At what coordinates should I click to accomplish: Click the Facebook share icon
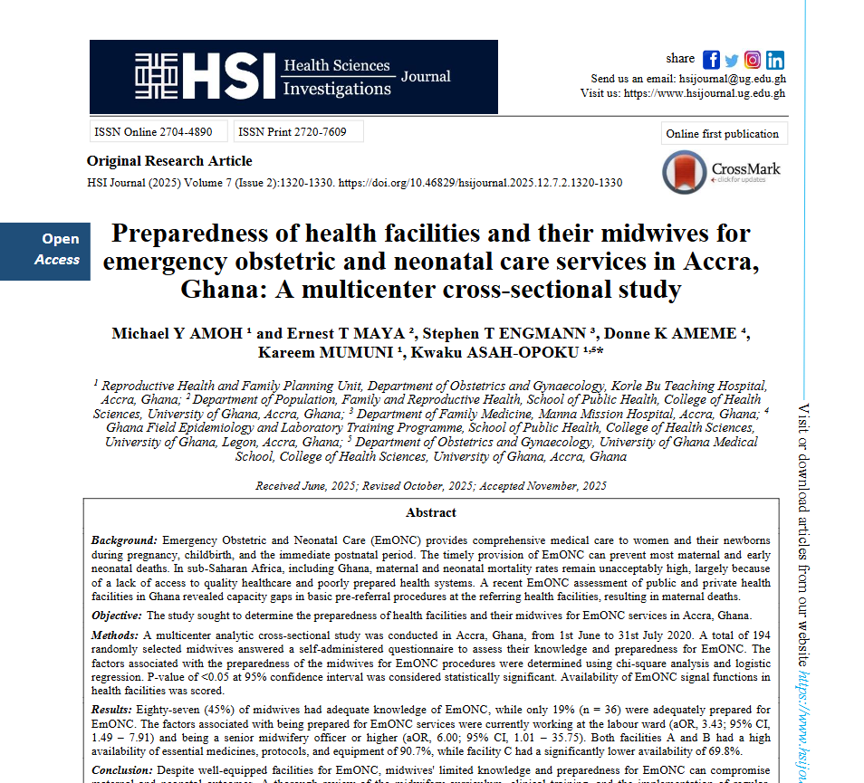click(711, 60)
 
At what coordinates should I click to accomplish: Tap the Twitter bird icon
click(732, 60)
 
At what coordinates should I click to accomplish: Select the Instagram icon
click(753, 60)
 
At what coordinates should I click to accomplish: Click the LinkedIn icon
click(775, 60)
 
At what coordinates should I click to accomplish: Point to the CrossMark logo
click(721, 169)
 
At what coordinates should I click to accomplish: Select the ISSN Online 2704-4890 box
click(153, 132)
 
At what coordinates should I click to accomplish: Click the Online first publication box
click(723, 134)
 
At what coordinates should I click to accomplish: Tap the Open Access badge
click(58, 249)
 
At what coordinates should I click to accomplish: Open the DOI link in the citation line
click(480, 183)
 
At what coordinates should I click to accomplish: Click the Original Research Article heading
click(169, 161)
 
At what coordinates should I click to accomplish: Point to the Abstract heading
click(431, 513)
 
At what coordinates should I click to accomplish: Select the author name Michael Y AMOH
click(164, 334)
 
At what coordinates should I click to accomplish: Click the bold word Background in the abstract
click(124, 540)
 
